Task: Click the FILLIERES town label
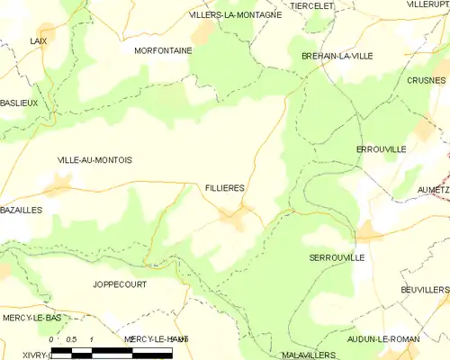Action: pos(225,187)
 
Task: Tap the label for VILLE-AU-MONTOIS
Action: pos(94,160)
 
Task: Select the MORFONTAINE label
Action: pos(163,51)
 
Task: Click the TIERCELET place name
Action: pos(312,5)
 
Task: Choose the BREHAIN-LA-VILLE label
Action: pos(337,56)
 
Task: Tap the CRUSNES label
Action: pos(426,80)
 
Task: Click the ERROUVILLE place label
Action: pos(382,148)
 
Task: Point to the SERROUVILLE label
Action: pos(337,257)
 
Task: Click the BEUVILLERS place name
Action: pos(425,290)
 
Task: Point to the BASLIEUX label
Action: pos(19,103)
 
